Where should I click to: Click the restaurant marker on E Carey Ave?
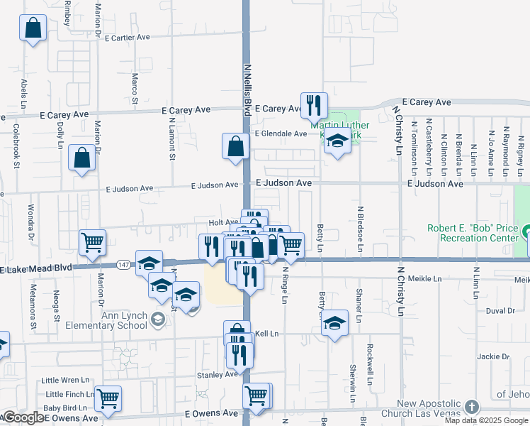[x=313, y=106]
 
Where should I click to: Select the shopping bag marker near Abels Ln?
[x=33, y=30]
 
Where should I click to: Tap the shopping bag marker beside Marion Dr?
[x=82, y=159]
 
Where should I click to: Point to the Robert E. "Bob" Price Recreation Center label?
[x=473, y=234]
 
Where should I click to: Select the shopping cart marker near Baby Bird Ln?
[x=108, y=400]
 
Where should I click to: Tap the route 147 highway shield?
[x=123, y=263]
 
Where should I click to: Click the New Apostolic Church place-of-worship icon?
[x=473, y=407]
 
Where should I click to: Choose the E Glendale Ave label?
[x=281, y=133]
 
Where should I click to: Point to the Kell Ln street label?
[x=266, y=333]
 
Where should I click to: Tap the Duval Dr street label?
[x=500, y=311]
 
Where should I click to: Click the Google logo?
[x=23, y=418]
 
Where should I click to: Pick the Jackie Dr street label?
[x=493, y=356]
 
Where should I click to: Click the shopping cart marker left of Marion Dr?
[x=92, y=244]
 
